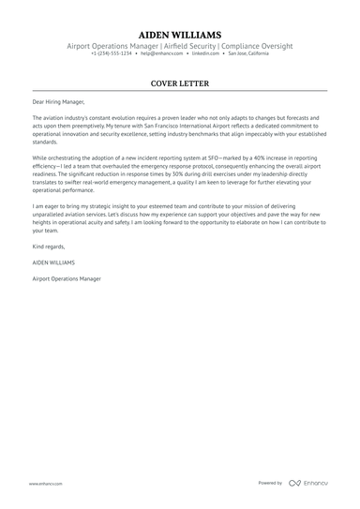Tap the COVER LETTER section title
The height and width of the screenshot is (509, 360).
(179, 82)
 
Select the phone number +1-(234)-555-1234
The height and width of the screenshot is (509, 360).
(112, 53)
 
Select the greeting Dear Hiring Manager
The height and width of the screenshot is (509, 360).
(58, 99)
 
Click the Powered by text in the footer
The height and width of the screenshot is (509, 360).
(270, 483)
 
